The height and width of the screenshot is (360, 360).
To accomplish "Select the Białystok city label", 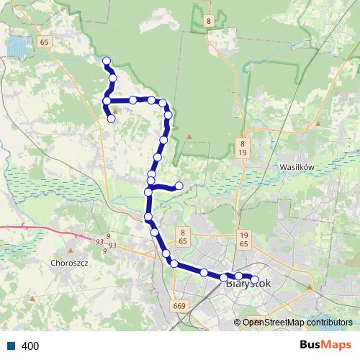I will point(248,284).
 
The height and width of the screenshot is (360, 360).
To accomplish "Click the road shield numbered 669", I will point(179,306).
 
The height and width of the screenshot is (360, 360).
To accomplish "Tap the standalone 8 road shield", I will point(208,22).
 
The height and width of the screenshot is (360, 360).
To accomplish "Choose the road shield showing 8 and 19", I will point(243,148).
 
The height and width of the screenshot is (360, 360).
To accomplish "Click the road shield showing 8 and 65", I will point(184,237).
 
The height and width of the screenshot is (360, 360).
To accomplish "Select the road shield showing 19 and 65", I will point(243,240).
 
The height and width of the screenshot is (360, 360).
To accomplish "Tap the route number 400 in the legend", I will point(30,346).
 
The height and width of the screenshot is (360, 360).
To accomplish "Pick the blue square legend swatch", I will point(12,346).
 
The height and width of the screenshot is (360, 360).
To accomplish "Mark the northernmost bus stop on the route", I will point(107,60).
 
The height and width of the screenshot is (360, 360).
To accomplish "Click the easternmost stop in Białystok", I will point(254,279).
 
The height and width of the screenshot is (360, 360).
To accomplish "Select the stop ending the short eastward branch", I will point(179,186).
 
